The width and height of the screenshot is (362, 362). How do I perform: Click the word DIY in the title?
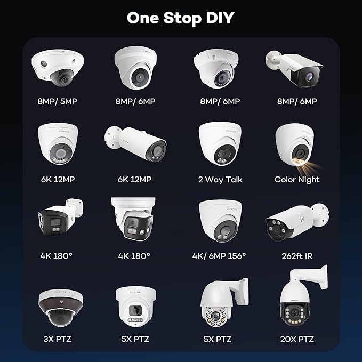click(220, 18)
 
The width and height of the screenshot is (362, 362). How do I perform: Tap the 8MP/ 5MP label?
click(57, 101)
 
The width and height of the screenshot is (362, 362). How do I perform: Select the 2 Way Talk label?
click(221, 180)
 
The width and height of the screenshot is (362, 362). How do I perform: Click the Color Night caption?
click(297, 180)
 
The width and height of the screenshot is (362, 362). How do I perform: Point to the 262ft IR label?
click(297, 256)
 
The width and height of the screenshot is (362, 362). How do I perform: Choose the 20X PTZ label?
click(297, 339)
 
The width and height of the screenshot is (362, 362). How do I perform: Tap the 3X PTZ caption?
click(57, 339)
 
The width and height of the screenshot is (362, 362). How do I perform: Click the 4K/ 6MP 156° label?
click(219, 256)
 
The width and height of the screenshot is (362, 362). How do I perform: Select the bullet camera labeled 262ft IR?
click(297, 222)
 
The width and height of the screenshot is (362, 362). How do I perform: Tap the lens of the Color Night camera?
click(300, 152)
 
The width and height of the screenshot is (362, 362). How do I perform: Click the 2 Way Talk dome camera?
click(220, 143)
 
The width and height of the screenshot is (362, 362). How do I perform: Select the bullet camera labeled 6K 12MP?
click(135, 143)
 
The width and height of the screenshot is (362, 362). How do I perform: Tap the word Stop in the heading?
click(182, 19)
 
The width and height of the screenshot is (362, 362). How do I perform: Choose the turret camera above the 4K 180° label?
click(133, 219)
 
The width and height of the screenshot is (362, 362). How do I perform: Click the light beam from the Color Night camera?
click(307, 168)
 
